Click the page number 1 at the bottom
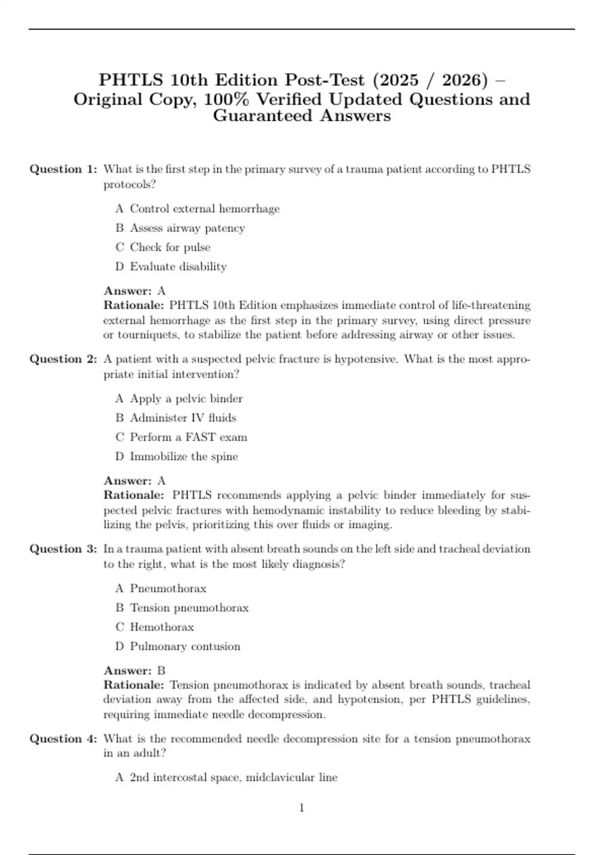pyautogui.click(x=301, y=808)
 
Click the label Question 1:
pyautogui.click(x=63, y=169)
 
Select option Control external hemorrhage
pyautogui.click(x=204, y=209)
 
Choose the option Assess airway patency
pyautogui.click(x=187, y=228)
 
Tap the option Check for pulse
pyautogui.click(x=170, y=247)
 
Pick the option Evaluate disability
pyautogui.click(x=178, y=267)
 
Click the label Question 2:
pyautogui.click(x=63, y=359)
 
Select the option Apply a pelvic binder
pyautogui.click(x=186, y=399)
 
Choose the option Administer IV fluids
pyautogui.click(x=183, y=418)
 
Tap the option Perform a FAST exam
pyautogui.click(x=188, y=437)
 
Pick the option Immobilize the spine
pyautogui.click(x=184, y=457)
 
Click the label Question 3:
pyautogui.click(x=63, y=549)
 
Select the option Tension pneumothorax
pyautogui.click(x=189, y=608)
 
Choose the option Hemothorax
pyautogui.click(x=162, y=627)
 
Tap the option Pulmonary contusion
pyautogui.click(x=185, y=646)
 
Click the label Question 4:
pyautogui.click(x=63, y=739)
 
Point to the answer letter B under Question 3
pyautogui.click(x=161, y=670)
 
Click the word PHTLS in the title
pyautogui.click(x=131, y=80)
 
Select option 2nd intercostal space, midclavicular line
pyautogui.click(x=234, y=778)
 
